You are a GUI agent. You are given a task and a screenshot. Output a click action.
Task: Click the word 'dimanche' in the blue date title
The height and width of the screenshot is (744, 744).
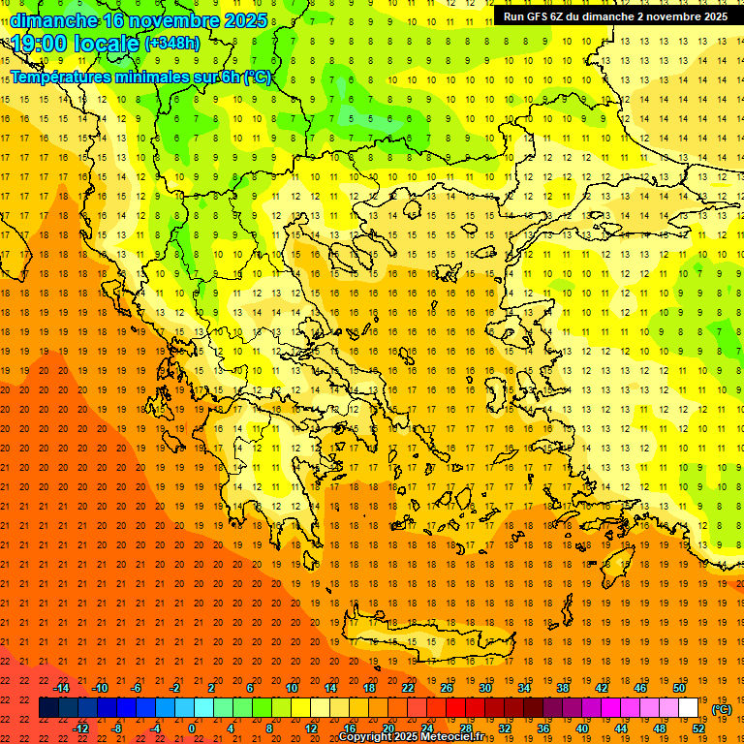(x=53, y=19)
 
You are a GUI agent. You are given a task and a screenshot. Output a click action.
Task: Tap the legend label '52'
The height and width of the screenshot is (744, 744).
(x=697, y=728)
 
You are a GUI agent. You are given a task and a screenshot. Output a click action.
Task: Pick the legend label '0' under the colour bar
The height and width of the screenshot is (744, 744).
(x=192, y=728)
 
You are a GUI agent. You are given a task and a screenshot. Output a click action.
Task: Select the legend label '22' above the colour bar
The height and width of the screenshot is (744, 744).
(x=408, y=688)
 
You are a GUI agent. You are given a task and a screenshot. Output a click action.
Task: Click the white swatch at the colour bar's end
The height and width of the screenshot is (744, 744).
(x=688, y=707)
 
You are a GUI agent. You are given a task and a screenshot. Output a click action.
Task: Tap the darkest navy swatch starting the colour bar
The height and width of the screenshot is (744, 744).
(x=49, y=707)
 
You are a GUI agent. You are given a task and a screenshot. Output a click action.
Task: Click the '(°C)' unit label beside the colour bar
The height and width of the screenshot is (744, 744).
(x=722, y=709)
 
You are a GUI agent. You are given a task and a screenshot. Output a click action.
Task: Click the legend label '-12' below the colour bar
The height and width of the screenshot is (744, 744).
(x=80, y=728)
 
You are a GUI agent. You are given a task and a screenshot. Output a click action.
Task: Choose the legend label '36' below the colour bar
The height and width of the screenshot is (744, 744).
(x=542, y=728)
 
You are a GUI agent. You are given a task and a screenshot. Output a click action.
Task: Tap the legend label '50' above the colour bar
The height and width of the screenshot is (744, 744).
(x=679, y=688)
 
